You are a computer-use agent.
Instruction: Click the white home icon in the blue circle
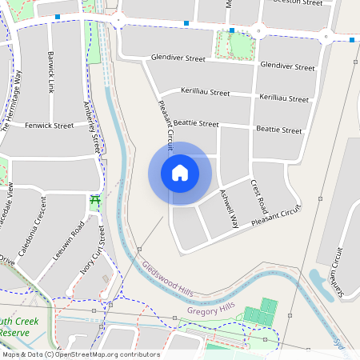click(179, 173)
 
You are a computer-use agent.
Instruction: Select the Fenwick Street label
click(49, 126)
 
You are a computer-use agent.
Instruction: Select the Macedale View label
click(8, 204)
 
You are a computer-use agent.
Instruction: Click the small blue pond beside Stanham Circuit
click(320, 283)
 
